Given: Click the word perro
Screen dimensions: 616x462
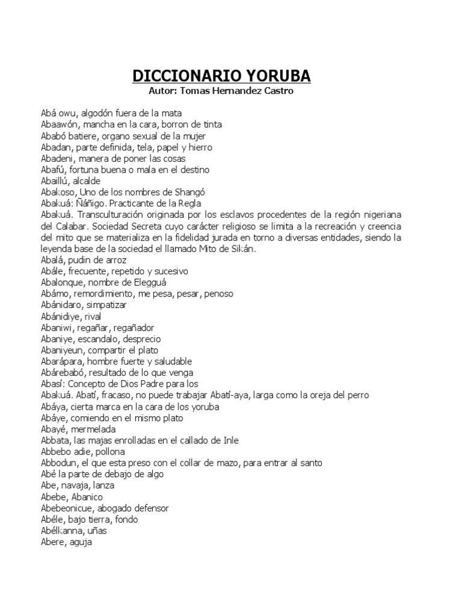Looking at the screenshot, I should (x=358, y=395).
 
